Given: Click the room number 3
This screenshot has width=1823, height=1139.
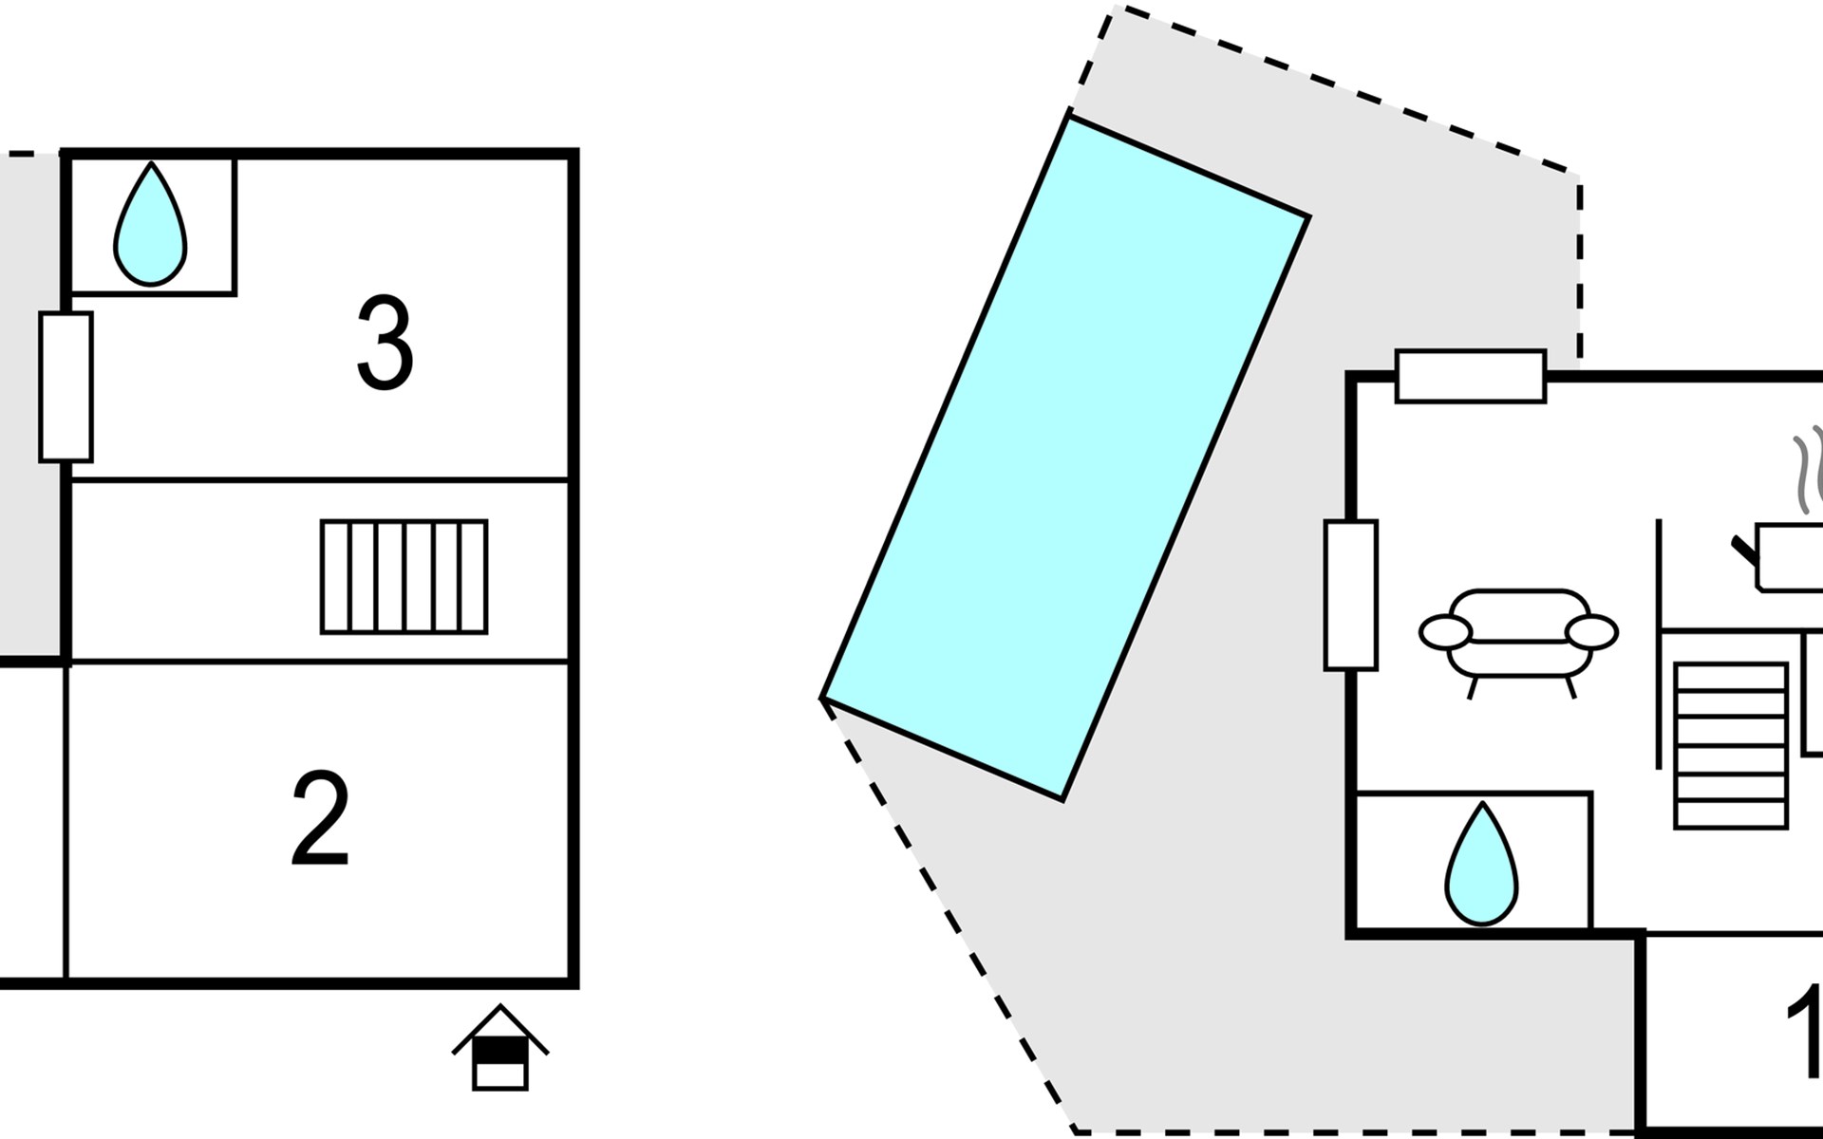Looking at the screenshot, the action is (385, 343).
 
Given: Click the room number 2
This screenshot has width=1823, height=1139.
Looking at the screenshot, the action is (320, 817).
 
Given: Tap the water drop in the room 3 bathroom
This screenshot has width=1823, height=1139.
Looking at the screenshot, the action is (150, 224).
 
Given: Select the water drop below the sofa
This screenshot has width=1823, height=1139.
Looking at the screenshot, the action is (1481, 863).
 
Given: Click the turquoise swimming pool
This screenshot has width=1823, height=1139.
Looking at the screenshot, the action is (1065, 457).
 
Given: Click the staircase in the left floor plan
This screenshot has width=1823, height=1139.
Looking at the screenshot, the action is (404, 576).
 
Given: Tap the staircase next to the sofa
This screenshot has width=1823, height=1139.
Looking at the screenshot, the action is (1731, 745).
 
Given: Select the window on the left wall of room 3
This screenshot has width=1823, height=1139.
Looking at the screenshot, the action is (66, 386).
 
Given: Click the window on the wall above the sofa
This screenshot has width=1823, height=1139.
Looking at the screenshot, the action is (1471, 376).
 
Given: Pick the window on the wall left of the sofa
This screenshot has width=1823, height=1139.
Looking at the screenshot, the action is (1350, 595).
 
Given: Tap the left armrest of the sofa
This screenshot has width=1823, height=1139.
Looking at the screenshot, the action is (1445, 631).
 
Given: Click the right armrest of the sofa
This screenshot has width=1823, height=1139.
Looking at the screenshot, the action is (1591, 631).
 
